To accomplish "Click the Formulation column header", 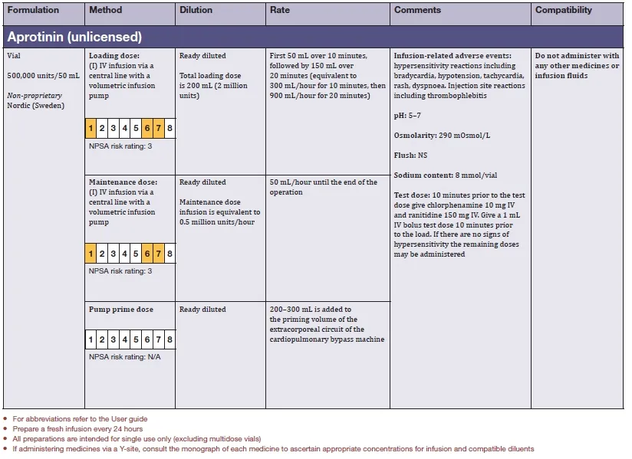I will pos(33,11).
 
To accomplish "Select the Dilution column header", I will pos(196,11).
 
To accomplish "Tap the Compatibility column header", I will pos(564,11).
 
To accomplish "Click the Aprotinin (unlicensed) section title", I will pos(74,36).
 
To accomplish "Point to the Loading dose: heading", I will pos(113,56).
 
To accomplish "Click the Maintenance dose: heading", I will pos(123,182).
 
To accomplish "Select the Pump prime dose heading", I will pos(121,310).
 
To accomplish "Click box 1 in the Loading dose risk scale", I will pos(91,127).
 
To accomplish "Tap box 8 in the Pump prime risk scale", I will pos(170,339).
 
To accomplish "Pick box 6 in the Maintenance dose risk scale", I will pos(147,254).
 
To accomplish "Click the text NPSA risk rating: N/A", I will pos(125,356).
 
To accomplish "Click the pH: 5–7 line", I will pos(409,115).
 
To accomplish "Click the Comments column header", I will pos(417,11).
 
